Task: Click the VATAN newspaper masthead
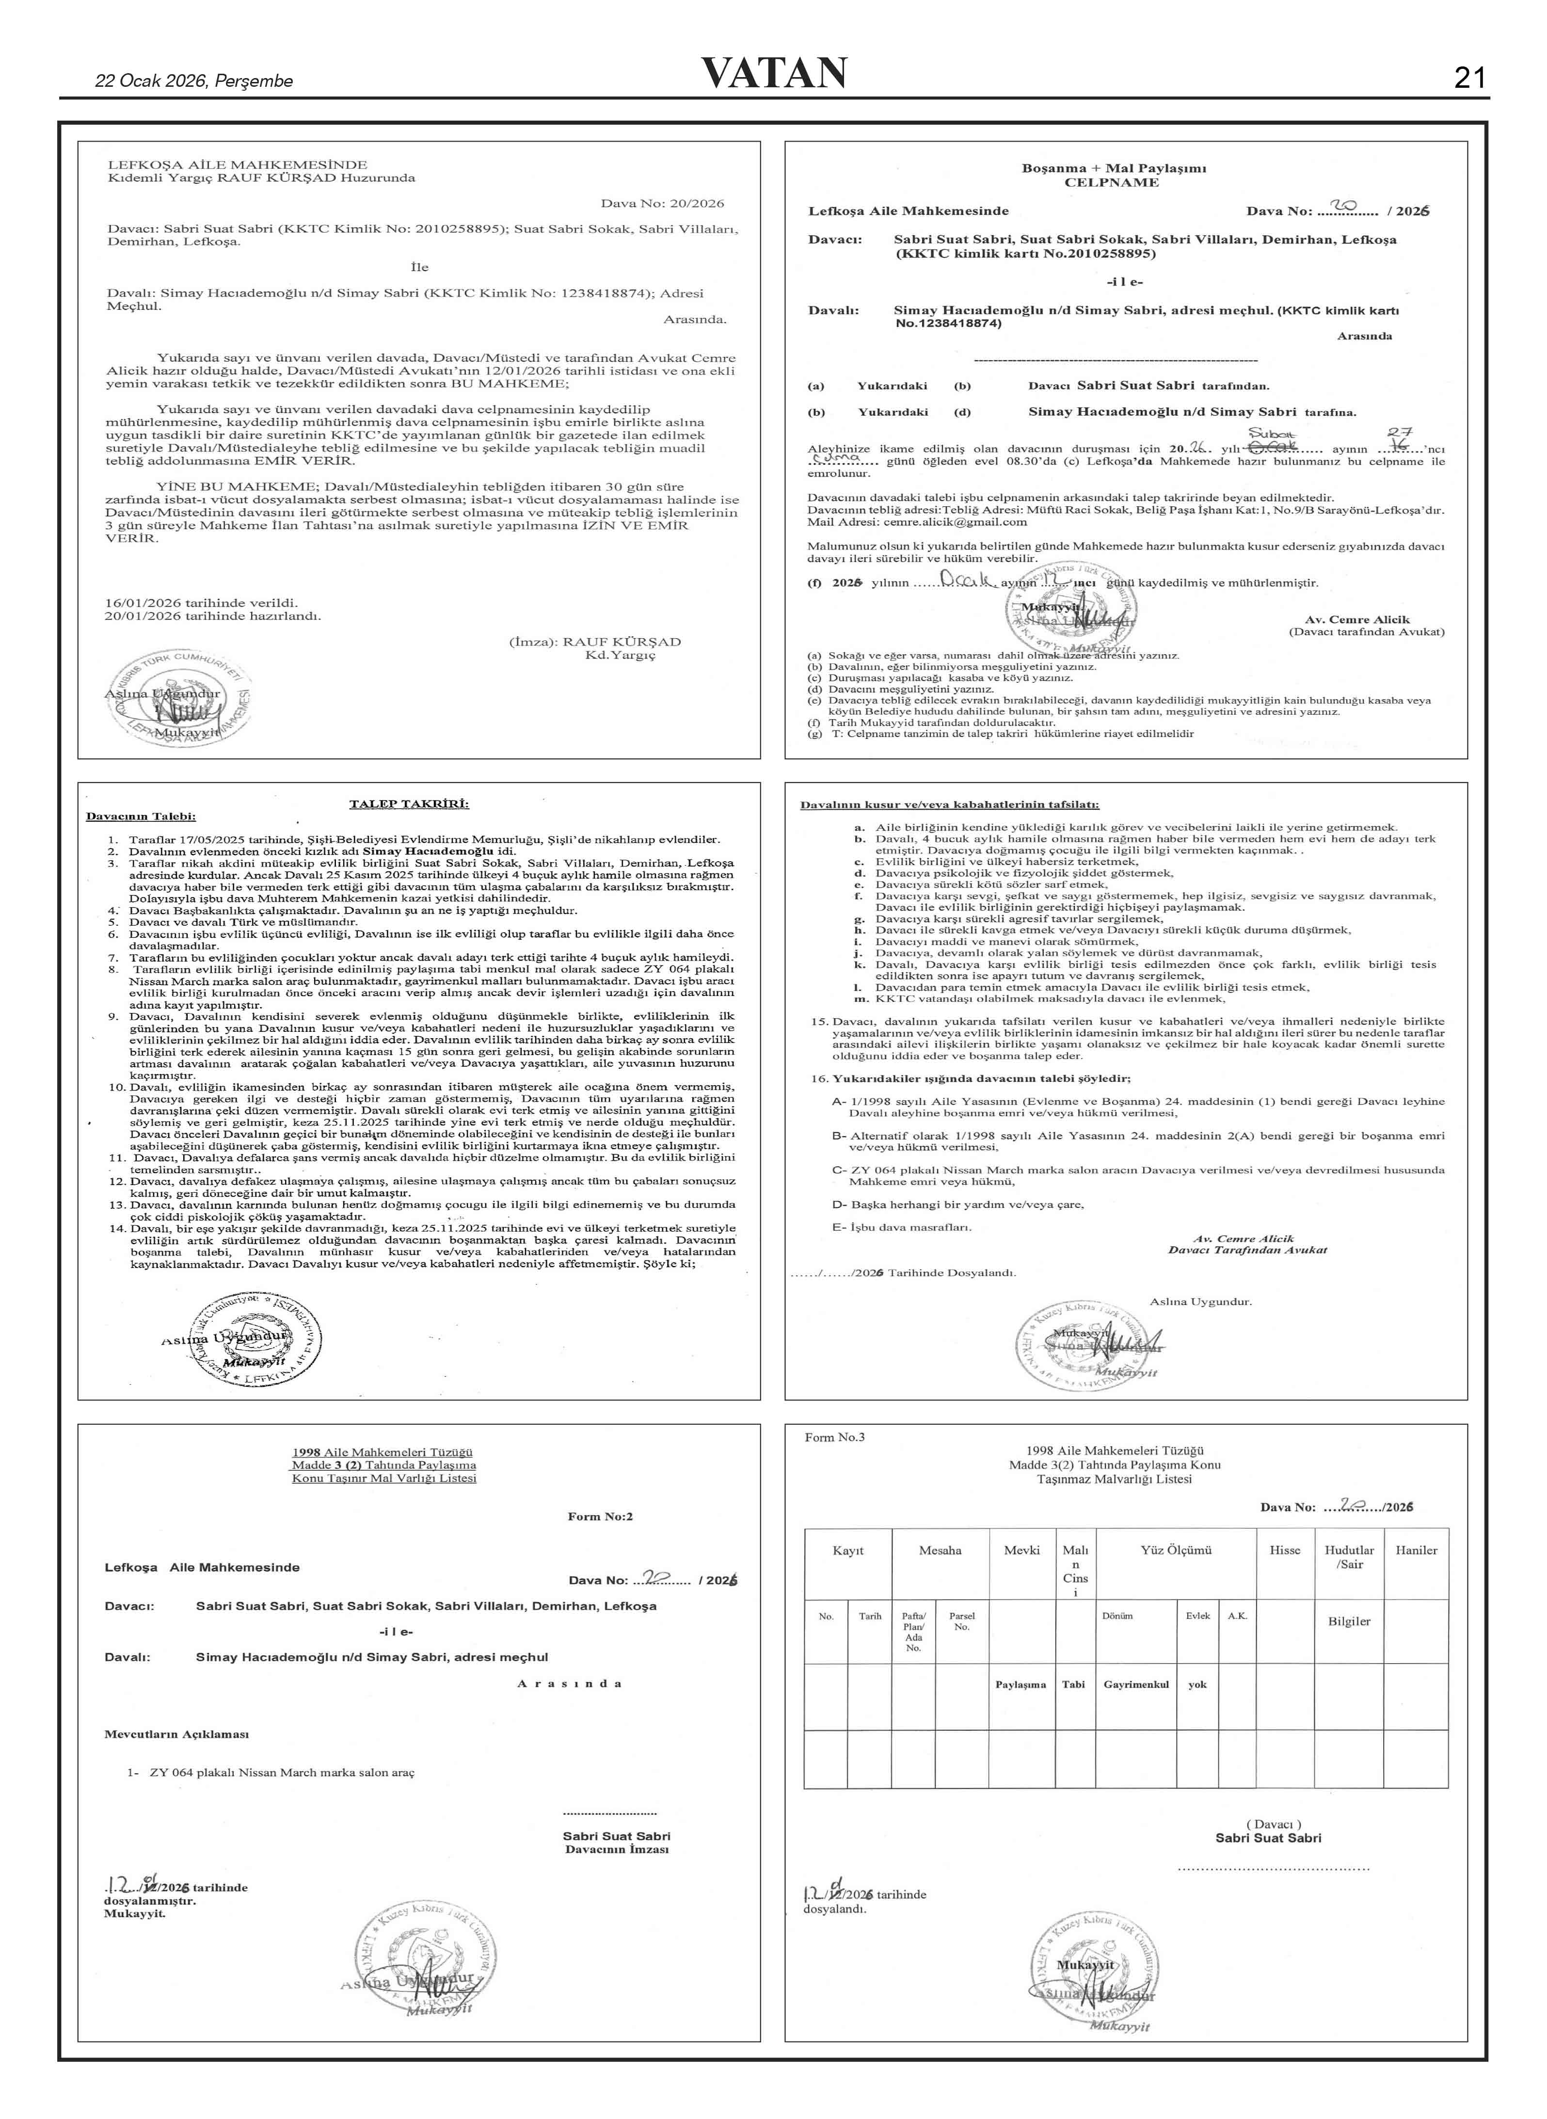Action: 774,73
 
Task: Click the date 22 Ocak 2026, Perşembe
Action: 194,81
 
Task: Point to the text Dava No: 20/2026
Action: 662,203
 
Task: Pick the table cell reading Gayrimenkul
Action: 1136,1685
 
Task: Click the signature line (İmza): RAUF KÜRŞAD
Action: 595,642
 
